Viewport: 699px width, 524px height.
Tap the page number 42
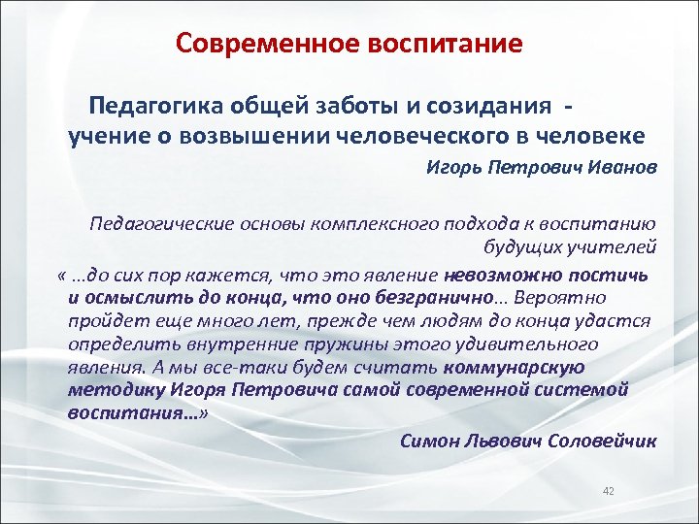click(x=609, y=492)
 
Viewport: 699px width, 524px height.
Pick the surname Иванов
click(x=623, y=167)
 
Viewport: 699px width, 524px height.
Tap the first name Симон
click(x=430, y=441)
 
